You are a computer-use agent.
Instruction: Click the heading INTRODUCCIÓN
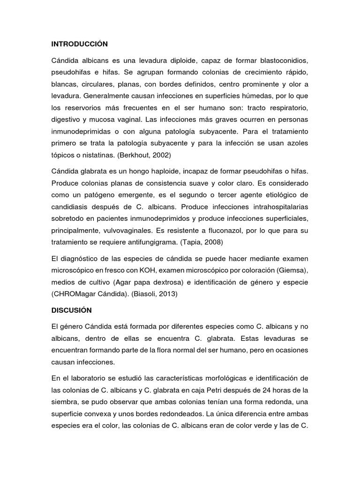(79, 44)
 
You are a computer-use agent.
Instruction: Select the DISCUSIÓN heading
(71, 310)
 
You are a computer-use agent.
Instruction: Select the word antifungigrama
(157, 242)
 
